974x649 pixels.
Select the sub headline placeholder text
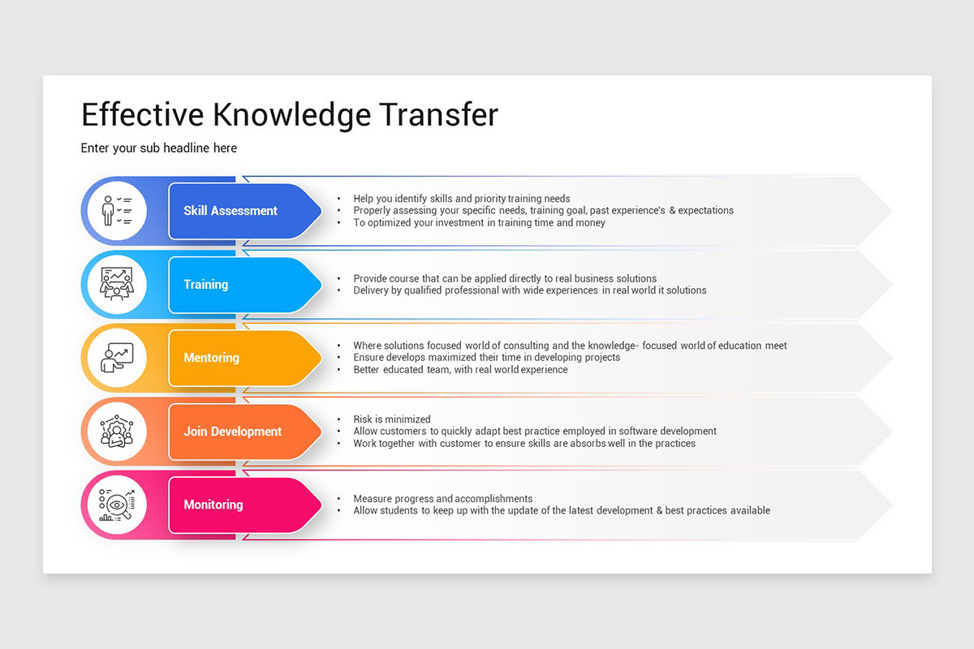tap(159, 148)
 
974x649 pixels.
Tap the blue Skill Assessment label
tap(231, 211)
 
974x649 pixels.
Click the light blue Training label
tap(206, 285)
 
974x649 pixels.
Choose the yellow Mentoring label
tap(211, 358)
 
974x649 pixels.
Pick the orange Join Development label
tap(232, 432)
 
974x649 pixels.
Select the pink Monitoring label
tap(213, 505)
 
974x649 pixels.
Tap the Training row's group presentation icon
tap(117, 285)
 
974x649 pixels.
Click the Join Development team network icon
tap(117, 432)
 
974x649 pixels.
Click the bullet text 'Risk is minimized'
tap(392, 419)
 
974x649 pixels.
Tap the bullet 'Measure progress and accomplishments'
tap(442, 499)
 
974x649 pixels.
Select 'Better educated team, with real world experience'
tap(460, 370)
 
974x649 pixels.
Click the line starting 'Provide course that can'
tap(505, 278)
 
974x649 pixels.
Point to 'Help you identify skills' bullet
tap(461, 199)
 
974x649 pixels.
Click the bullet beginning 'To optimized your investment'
tap(479, 222)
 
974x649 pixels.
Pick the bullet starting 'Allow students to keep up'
tap(562, 511)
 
